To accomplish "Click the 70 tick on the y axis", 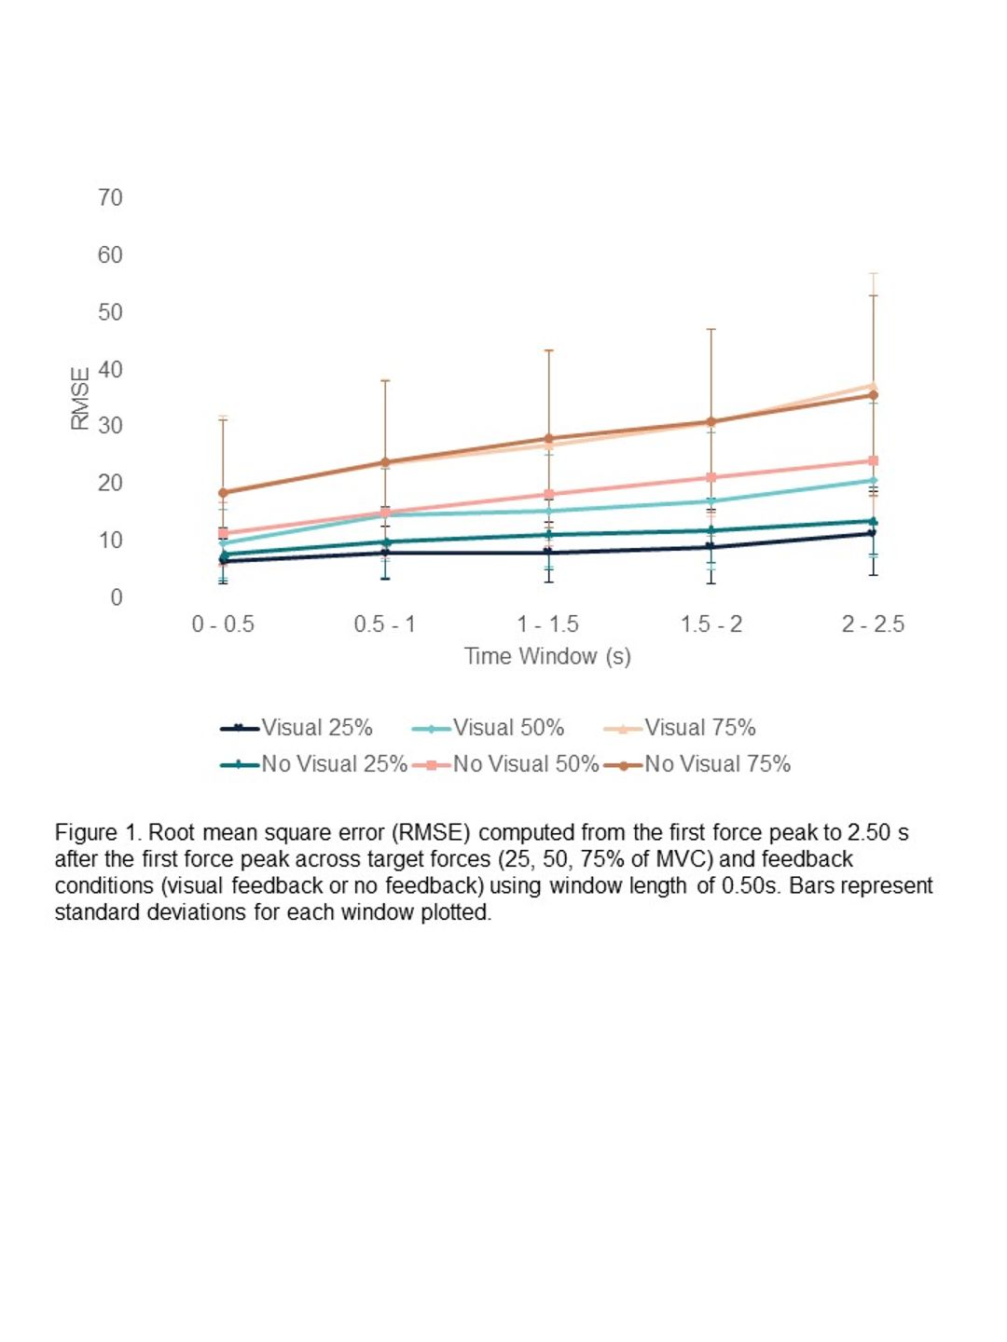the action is point(110,198).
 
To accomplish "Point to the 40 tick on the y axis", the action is point(110,369).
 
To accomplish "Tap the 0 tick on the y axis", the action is point(117,597).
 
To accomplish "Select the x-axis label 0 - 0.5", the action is point(223,623).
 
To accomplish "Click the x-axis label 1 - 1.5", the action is point(548,623).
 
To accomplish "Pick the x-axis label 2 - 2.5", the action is point(873,623).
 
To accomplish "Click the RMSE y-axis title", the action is point(80,398).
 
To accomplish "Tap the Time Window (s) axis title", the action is point(548,656).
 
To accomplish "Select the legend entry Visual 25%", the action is point(297,728).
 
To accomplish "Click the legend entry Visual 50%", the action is point(488,728).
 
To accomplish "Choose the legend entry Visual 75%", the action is point(680,728).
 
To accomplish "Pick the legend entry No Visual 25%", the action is point(313,764).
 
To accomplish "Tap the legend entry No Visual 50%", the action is point(505,764).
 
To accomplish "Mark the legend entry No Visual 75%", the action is point(697,764).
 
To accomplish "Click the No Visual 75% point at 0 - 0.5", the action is point(223,492).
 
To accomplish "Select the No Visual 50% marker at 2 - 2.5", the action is point(873,460).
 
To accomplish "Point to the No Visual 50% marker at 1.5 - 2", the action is point(710,477).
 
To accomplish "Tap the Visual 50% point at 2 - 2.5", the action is point(873,481).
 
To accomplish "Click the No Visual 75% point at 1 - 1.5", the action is point(548,438).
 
